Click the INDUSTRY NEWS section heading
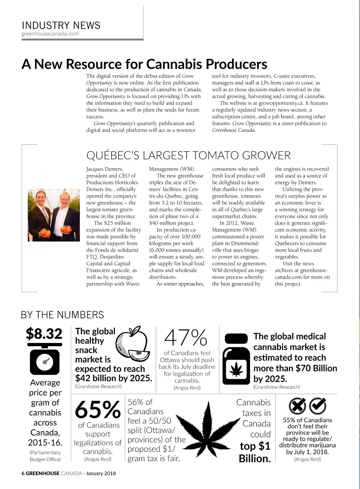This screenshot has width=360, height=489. [x=61, y=25]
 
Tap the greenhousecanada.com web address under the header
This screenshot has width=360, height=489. [x=50, y=34]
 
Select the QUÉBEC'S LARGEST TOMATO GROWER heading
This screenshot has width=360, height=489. [x=188, y=155]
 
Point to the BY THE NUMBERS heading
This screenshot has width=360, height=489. [x=62, y=315]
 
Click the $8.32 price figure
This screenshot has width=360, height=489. [x=44, y=333]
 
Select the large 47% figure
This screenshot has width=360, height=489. [x=186, y=338]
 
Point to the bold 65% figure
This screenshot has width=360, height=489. [x=98, y=409]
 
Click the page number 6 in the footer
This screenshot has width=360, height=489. [x=23, y=473]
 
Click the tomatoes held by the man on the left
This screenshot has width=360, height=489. [x=45, y=232]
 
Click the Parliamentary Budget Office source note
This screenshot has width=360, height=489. [x=45, y=456]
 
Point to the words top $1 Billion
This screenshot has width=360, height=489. [x=255, y=452]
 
